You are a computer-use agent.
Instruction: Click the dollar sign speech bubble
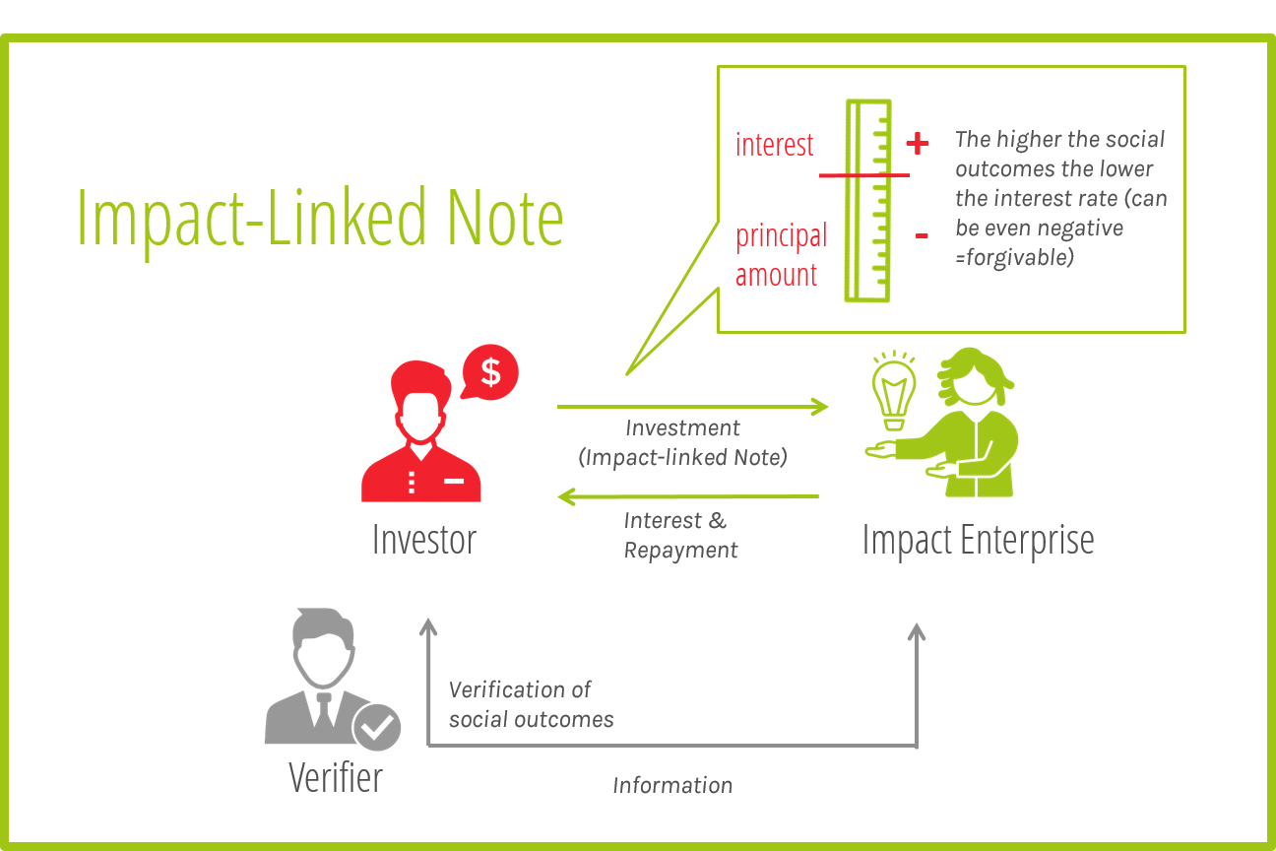click(490, 372)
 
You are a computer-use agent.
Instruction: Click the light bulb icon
click(894, 391)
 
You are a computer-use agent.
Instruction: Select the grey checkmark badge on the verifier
click(376, 727)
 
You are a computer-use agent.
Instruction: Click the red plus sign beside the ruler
click(918, 143)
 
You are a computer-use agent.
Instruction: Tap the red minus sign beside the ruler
click(922, 235)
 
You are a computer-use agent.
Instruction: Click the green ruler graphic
click(868, 201)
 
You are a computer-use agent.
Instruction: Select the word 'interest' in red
click(774, 145)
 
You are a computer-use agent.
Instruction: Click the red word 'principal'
click(781, 237)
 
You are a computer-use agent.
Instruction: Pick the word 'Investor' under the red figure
click(424, 539)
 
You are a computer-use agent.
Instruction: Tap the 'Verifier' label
click(336, 777)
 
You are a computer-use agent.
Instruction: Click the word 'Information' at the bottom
click(672, 785)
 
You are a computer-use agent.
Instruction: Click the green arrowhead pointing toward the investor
click(567, 496)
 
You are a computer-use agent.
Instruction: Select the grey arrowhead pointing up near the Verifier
click(428, 626)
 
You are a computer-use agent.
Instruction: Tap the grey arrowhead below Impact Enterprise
click(917, 631)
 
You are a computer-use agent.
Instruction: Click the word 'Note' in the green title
click(505, 218)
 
